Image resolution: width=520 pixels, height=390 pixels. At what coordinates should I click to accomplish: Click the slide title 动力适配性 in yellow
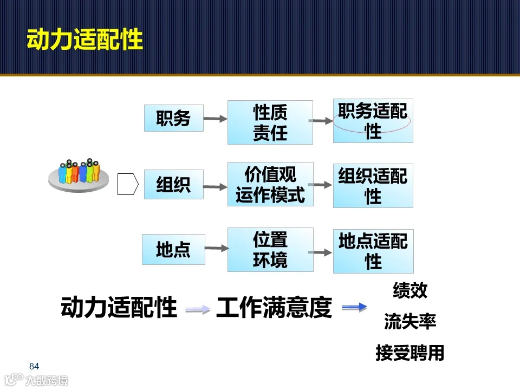pyautogui.click(x=85, y=40)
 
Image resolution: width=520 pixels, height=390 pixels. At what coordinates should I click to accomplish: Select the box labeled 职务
pyautogui.click(x=173, y=118)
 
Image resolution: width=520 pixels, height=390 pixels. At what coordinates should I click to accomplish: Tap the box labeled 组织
pyautogui.click(x=173, y=185)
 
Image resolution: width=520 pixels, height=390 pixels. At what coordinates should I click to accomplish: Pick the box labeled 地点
pyautogui.click(x=173, y=250)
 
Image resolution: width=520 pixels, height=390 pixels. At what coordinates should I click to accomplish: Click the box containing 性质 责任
pyautogui.click(x=270, y=122)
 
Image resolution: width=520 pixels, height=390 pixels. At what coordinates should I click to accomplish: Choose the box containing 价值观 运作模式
pyautogui.click(x=270, y=184)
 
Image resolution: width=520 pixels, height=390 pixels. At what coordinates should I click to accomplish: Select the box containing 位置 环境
pyautogui.click(x=270, y=250)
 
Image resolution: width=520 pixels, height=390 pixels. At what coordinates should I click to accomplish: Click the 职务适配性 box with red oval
pyautogui.click(x=373, y=121)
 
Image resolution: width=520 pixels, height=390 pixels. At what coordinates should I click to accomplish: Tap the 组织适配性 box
pyautogui.click(x=373, y=186)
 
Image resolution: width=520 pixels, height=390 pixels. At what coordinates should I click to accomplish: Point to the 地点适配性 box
pyautogui.click(x=373, y=251)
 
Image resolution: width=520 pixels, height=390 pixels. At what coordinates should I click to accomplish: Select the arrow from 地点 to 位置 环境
pyautogui.click(x=217, y=249)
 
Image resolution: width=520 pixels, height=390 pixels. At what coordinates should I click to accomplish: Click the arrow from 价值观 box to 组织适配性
pyautogui.click(x=323, y=185)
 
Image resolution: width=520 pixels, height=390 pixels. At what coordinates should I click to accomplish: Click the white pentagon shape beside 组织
pyautogui.click(x=128, y=184)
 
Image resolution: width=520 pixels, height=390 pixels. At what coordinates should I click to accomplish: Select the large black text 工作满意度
pyautogui.click(x=274, y=308)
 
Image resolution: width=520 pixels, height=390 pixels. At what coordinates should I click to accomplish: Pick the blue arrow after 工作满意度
pyautogui.click(x=354, y=308)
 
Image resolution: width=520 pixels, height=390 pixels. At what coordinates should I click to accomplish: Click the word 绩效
pyautogui.click(x=410, y=291)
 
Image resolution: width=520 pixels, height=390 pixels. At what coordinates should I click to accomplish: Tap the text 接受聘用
pyautogui.click(x=410, y=353)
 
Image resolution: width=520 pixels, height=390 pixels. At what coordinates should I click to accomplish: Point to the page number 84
pyautogui.click(x=34, y=366)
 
